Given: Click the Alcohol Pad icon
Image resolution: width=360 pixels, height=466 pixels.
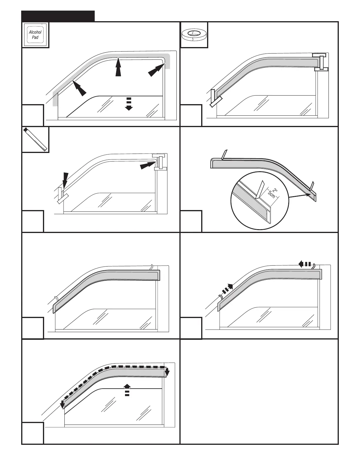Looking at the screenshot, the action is (x=35, y=35).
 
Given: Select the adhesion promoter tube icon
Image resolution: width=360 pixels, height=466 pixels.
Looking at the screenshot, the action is (x=36, y=139).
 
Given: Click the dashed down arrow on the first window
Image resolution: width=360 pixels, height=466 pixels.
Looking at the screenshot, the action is (x=129, y=103).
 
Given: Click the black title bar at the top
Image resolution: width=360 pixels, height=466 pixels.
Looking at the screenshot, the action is (x=58, y=16).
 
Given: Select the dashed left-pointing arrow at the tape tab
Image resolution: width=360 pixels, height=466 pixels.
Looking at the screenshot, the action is (x=305, y=264).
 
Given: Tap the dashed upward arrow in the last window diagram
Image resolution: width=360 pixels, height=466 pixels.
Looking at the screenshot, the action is (x=127, y=390).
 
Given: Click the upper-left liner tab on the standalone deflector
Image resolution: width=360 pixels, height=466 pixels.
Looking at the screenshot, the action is (x=224, y=154).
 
